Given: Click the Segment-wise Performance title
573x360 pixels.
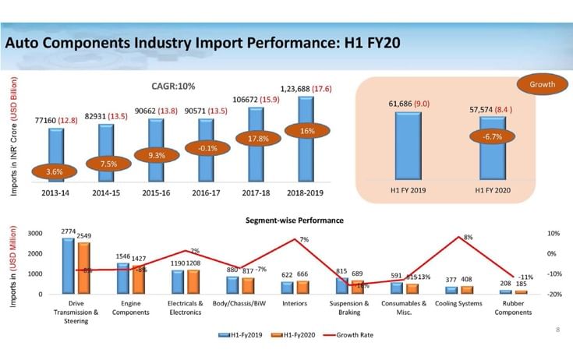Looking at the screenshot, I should click(295, 221).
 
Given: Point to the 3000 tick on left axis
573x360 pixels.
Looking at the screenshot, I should click(35, 234).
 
